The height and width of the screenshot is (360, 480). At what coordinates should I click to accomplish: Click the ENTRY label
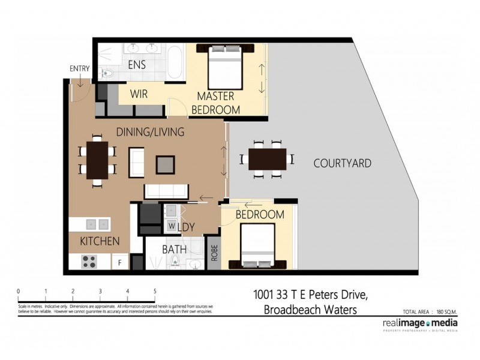(x=80, y=68)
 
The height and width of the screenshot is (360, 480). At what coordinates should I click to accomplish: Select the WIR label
(x=140, y=94)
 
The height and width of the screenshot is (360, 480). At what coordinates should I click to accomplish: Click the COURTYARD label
(x=343, y=163)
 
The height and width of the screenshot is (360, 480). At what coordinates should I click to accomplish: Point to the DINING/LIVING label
(x=150, y=131)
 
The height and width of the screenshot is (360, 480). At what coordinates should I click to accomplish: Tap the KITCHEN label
(x=100, y=241)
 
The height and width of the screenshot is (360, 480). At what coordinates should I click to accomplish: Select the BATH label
(x=174, y=249)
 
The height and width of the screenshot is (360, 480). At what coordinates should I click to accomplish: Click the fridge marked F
(x=120, y=262)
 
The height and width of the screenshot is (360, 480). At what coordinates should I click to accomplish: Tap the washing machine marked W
(x=171, y=226)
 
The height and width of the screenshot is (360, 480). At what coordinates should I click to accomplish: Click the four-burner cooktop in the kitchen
(x=90, y=262)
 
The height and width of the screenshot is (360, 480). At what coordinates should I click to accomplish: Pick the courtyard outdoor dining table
(x=267, y=159)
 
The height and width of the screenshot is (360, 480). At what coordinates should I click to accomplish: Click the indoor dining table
(x=97, y=160)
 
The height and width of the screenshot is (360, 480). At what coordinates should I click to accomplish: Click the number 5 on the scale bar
(x=155, y=291)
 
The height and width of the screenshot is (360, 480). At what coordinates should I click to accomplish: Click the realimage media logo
(x=419, y=323)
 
